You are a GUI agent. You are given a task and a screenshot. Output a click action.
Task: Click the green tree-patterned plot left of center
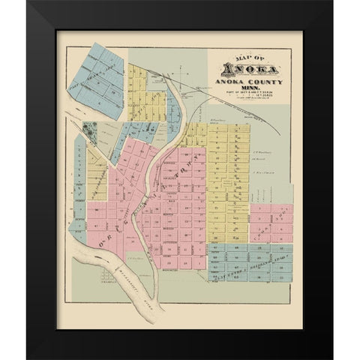pos(91,130)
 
